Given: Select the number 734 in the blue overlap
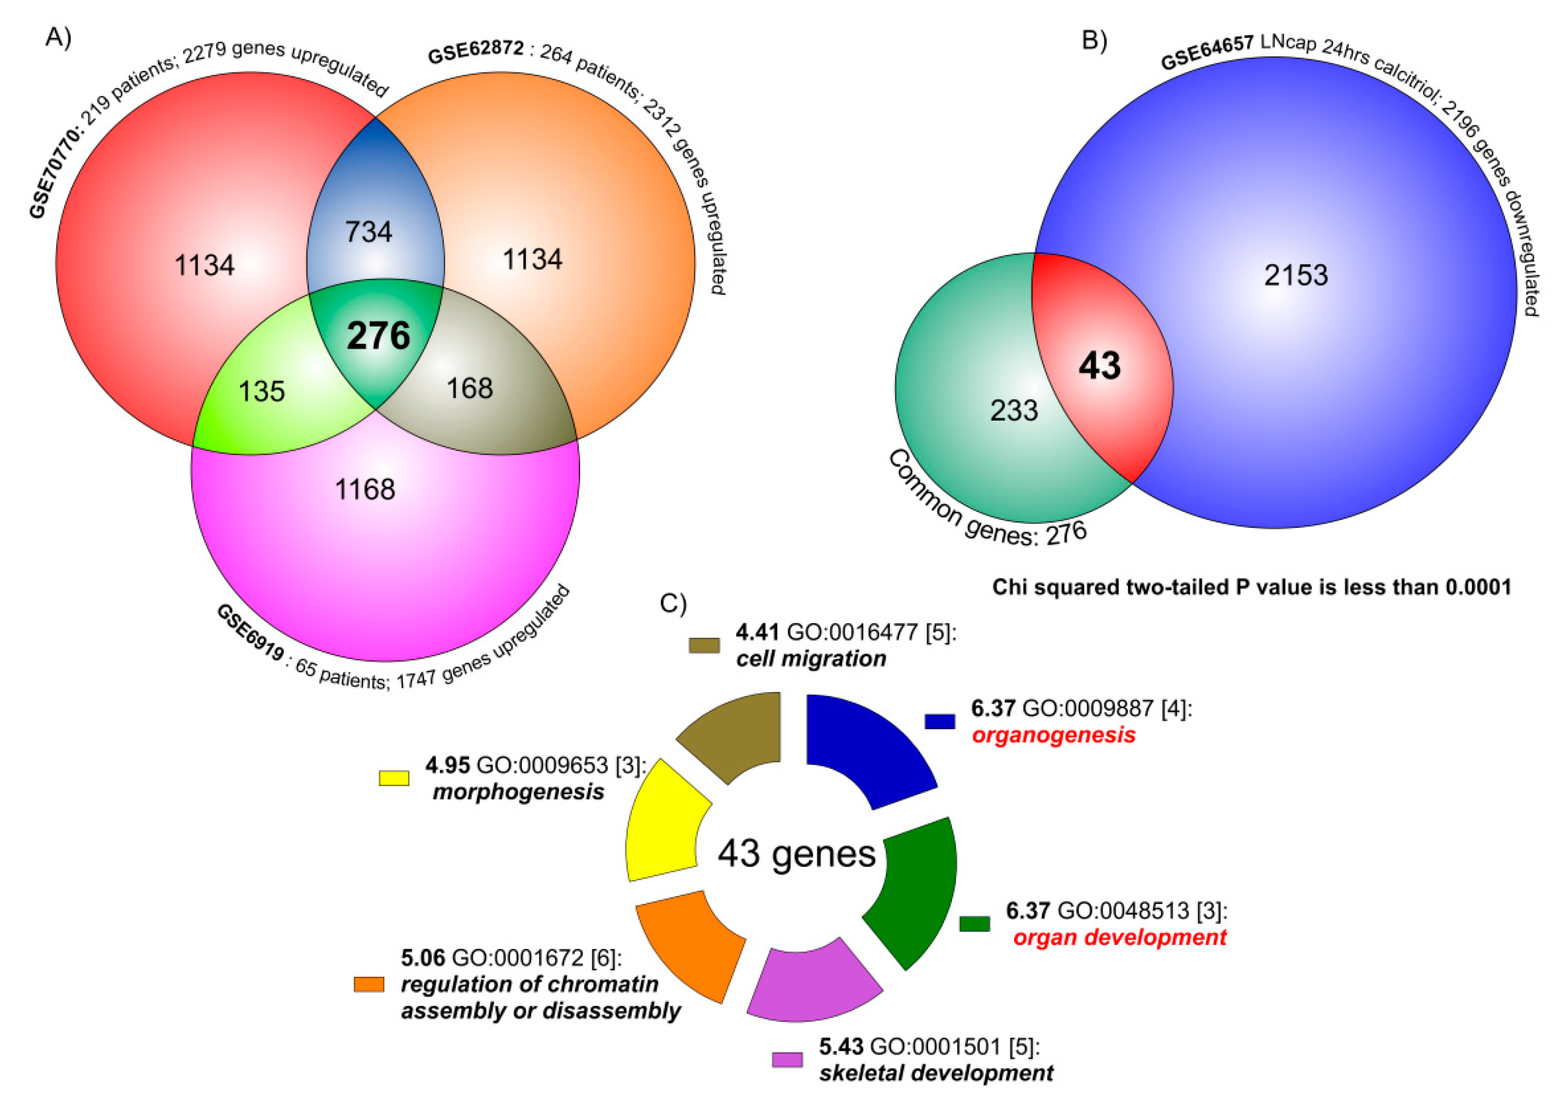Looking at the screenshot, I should point(369,232).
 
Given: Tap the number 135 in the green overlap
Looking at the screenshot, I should point(262,391).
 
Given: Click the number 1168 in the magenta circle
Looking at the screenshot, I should point(365,489).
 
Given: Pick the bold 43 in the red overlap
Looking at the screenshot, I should point(1099,366).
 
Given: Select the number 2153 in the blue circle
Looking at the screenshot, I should point(1296,275).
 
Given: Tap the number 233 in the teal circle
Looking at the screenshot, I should point(1014,410).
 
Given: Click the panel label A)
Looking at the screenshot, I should point(58,37).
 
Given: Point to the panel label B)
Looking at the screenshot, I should point(1094,41).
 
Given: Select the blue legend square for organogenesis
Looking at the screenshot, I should point(939,721).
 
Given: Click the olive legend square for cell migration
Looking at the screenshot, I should point(704,645).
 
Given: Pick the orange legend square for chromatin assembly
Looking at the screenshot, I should point(369,984).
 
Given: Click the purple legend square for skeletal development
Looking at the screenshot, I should point(787,1059).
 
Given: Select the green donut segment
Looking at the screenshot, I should point(916,889).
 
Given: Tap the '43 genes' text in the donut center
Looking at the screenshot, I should point(796,854).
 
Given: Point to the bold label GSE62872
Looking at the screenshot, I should point(476,51).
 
